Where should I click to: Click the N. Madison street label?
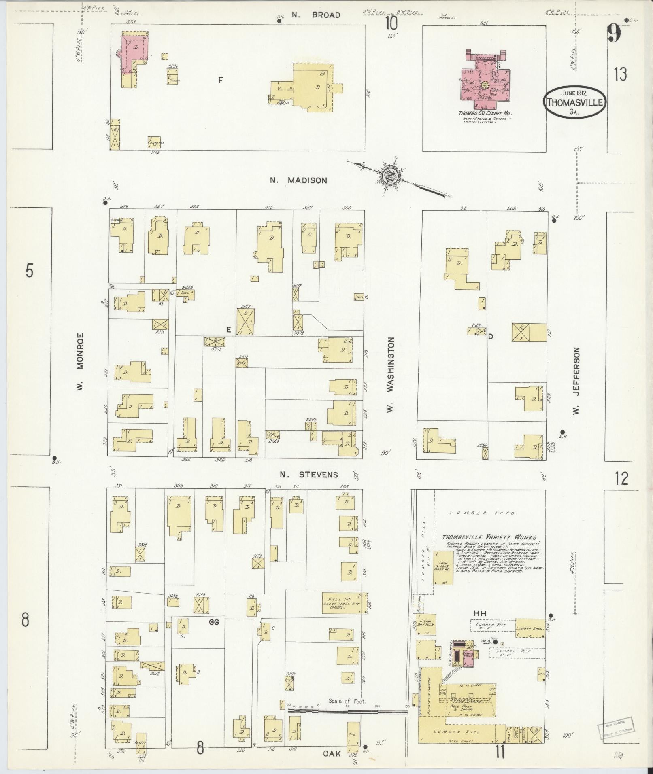pos(298,180)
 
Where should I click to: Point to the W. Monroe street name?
pos(80,361)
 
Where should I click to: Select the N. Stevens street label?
pos(308,474)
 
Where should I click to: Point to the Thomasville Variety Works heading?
pos(489,538)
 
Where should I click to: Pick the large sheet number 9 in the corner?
pos(614,33)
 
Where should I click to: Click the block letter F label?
pos(221,80)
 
